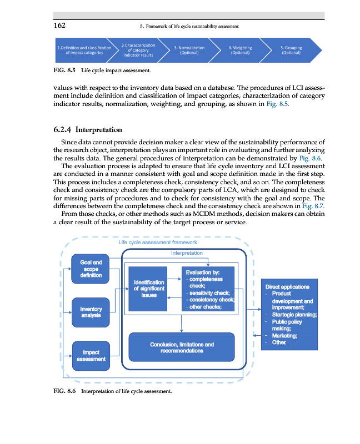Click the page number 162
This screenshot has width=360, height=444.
point(61,26)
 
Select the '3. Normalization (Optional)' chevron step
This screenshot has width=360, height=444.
point(189,50)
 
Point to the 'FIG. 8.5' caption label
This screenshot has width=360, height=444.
point(64,71)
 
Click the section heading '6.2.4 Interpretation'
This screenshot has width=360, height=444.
point(87,130)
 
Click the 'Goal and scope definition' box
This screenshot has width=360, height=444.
point(91,269)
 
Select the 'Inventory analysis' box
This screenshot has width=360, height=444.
point(91,312)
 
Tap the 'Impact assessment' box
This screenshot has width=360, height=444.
point(91,356)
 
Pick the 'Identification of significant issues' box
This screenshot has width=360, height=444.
point(149,289)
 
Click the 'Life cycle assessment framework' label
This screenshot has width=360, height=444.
point(158,242)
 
